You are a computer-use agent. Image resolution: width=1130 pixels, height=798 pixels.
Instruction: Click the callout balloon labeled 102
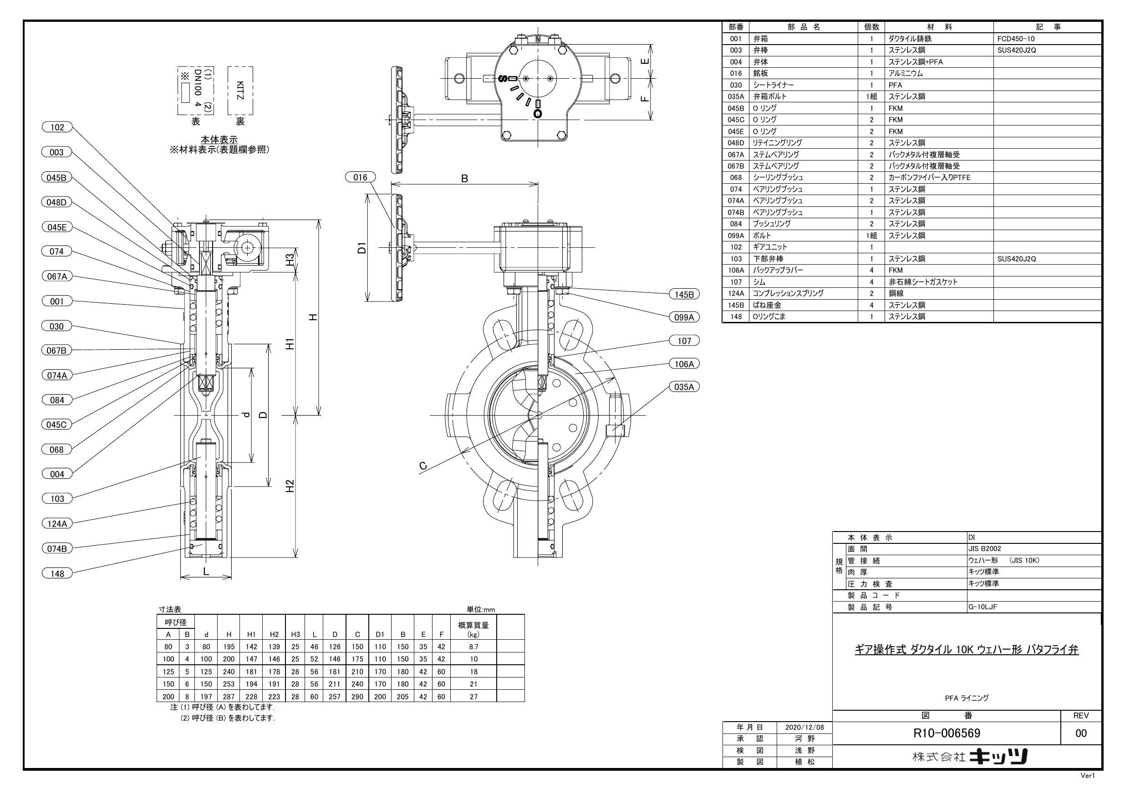(x=57, y=128)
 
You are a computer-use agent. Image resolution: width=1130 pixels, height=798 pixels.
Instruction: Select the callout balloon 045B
(x=56, y=177)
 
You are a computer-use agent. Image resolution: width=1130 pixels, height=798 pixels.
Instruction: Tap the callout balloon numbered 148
(x=57, y=573)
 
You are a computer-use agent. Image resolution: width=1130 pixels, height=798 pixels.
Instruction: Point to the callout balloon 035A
(x=684, y=387)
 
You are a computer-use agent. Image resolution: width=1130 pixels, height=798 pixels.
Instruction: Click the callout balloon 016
(x=360, y=177)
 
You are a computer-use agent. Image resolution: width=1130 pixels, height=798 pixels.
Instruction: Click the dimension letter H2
(x=290, y=486)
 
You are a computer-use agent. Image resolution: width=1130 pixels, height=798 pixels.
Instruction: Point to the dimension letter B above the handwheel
(x=464, y=179)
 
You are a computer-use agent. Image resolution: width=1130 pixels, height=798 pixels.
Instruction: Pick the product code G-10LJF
(x=982, y=607)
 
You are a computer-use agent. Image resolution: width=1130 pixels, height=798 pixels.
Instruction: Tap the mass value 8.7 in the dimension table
(x=473, y=647)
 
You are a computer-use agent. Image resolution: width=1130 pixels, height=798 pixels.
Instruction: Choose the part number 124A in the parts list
(x=735, y=294)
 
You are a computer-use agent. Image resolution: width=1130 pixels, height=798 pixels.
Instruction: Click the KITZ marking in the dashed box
(x=240, y=90)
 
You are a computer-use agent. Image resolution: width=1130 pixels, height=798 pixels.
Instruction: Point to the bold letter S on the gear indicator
(x=503, y=79)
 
